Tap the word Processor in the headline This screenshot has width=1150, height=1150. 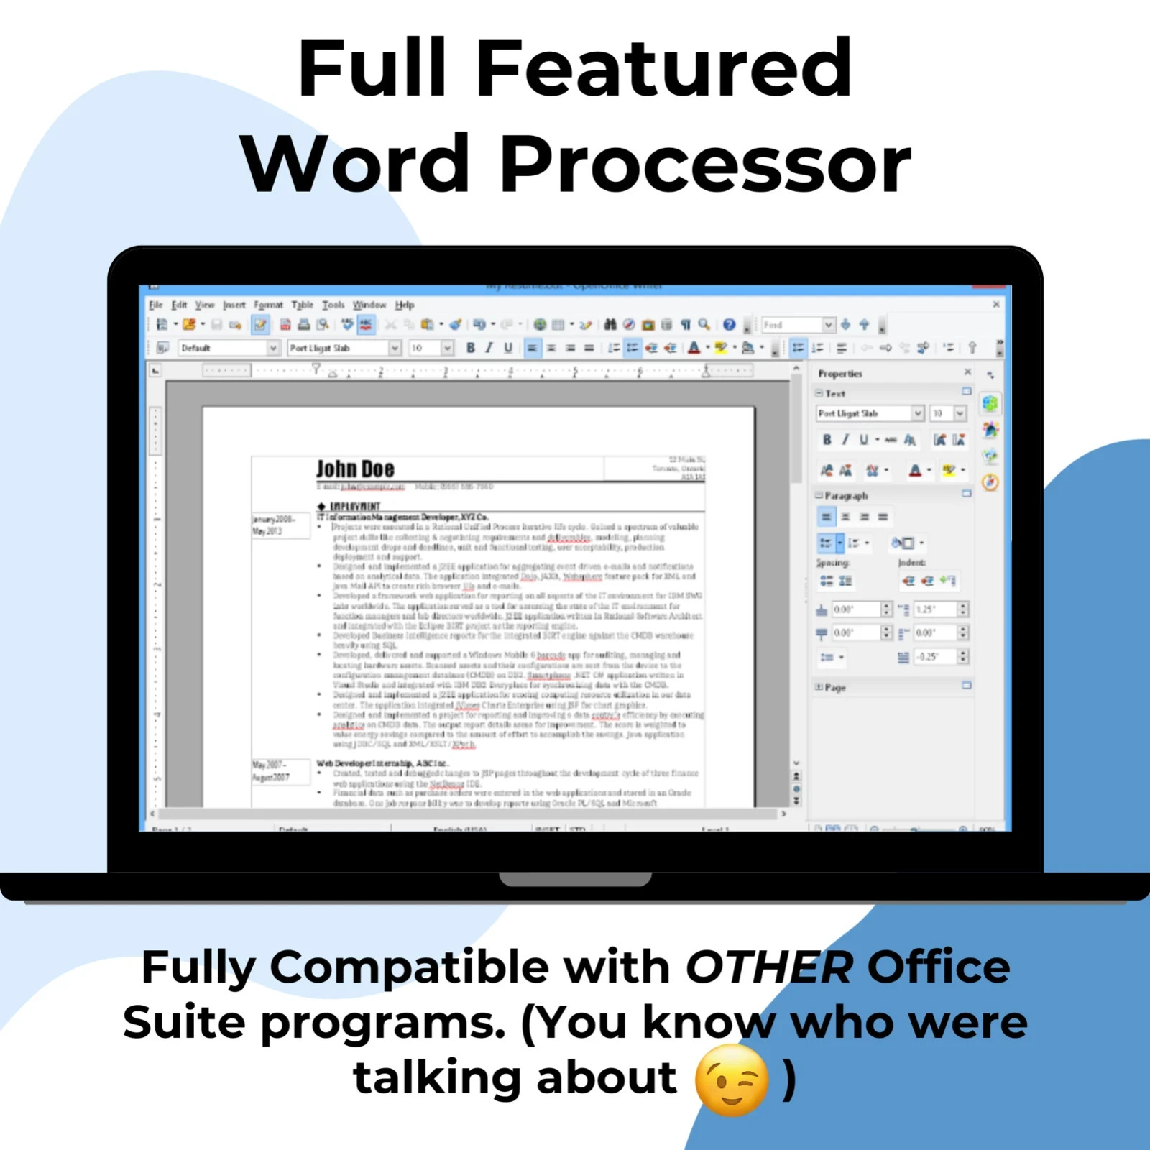[705, 165]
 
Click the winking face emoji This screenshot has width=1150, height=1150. [732, 1080]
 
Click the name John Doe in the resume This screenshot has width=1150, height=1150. [355, 469]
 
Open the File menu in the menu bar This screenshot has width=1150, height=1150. [156, 305]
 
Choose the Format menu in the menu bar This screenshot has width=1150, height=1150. [268, 305]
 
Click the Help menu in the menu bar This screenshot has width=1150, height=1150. [405, 305]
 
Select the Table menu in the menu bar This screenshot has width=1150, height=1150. [302, 305]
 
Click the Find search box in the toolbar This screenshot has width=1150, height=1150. [791, 325]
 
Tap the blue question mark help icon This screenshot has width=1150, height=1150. [729, 325]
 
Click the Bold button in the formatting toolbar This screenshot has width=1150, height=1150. [470, 348]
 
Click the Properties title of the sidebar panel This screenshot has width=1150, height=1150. [839, 374]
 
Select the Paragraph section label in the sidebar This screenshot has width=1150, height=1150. [846, 496]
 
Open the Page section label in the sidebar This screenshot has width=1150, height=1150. [835, 688]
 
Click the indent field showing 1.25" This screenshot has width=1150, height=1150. [934, 609]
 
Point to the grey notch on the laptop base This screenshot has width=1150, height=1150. [575, 879]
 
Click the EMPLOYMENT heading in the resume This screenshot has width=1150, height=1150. [355, 506]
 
